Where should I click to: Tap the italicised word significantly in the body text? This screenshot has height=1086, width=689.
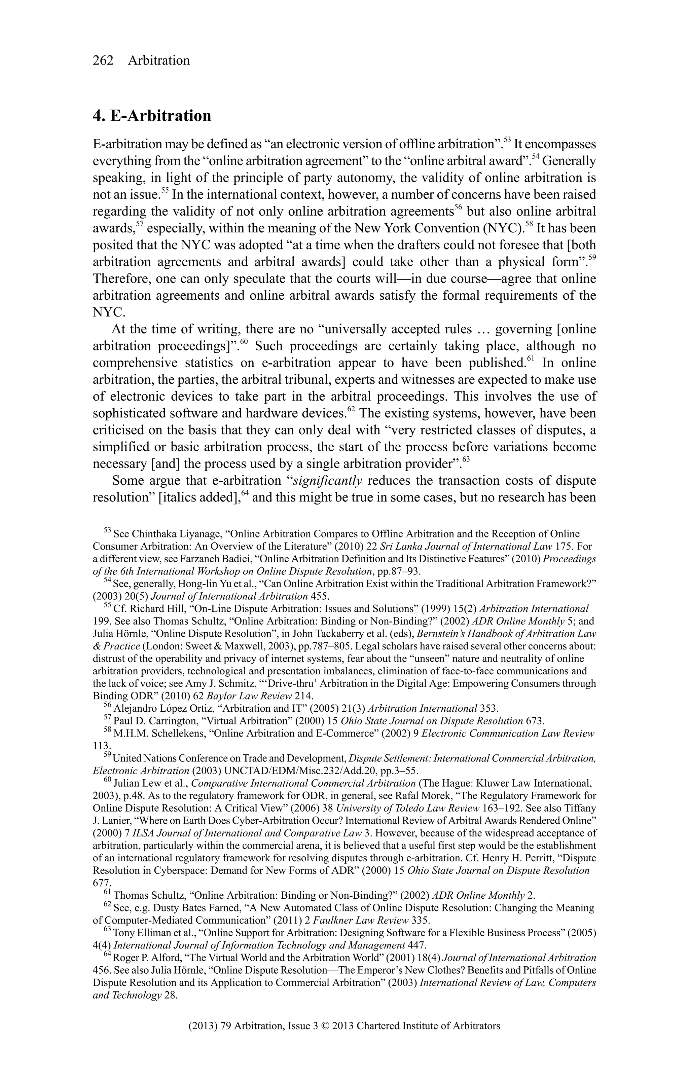click(x=328, y=481)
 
